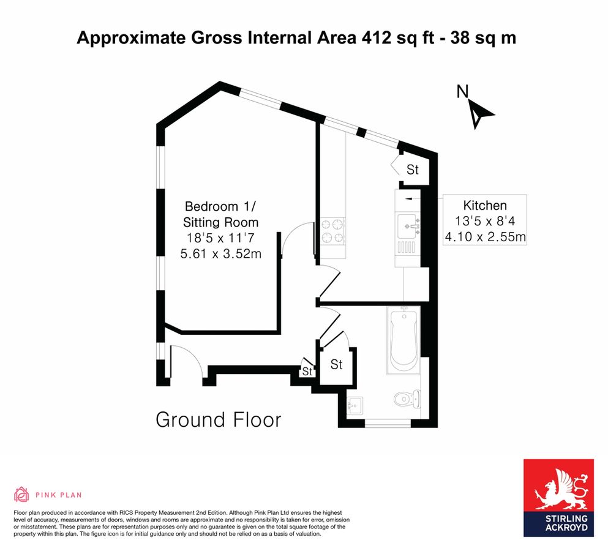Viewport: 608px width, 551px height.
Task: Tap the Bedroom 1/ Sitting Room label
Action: pyautogui.click(x=221, y=214)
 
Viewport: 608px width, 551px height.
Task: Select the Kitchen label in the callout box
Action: pyautogui.click(x=484, y=205)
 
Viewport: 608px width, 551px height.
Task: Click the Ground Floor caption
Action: pyautogui.click(x=218, y=419)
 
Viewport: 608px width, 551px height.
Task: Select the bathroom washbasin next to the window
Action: pyautogui.click(x=355, y=405)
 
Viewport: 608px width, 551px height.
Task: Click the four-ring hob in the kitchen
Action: pyautogui.click(x=332, y=231)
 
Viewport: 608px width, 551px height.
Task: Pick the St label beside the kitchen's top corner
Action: pyautogui.click(x=412, y=170)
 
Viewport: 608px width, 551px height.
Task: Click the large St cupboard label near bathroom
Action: pyautogui.click(x=336, y=365)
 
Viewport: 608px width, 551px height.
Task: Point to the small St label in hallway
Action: pyautogui.click(x=306, y=372)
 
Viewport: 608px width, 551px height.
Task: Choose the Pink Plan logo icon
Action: pyautogui.click(x=22, y=494)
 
